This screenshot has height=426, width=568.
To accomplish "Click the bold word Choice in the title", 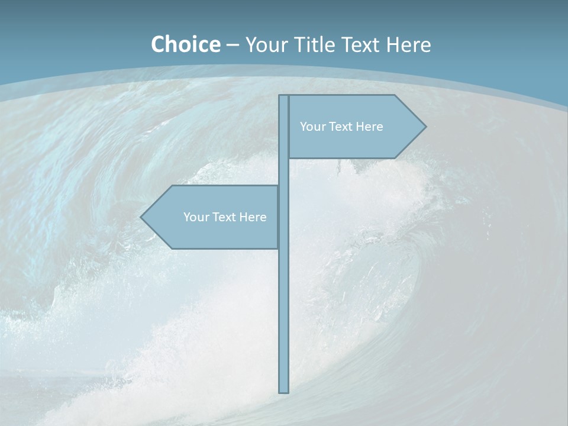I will (x=185, y=44).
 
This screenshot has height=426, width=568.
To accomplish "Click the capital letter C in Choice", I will (x=158, y=44).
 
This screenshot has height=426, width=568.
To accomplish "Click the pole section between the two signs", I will (x=283, y=172).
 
